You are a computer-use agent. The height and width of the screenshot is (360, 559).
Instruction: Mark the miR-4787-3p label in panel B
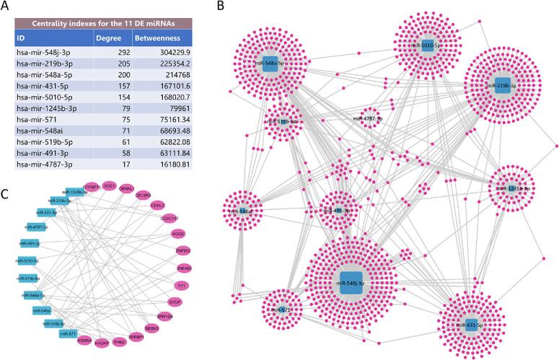pos(368,117)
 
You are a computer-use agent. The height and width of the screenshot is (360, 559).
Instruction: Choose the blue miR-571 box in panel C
pos(68,334)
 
